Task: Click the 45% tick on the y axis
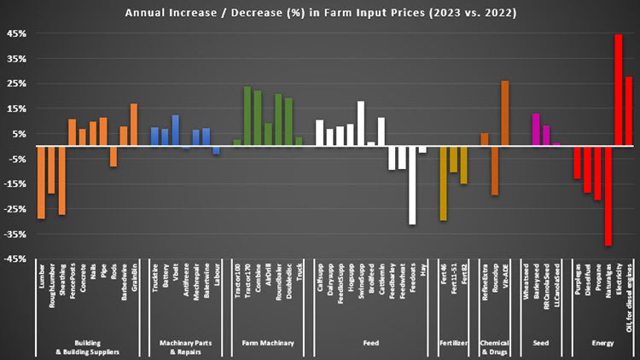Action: [x=17, y=34]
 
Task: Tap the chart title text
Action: [x=320, y=13]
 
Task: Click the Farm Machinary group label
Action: [x=268, y=343]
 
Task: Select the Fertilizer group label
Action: [x=453, y=343]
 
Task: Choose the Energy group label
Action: [x=602, y=343]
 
